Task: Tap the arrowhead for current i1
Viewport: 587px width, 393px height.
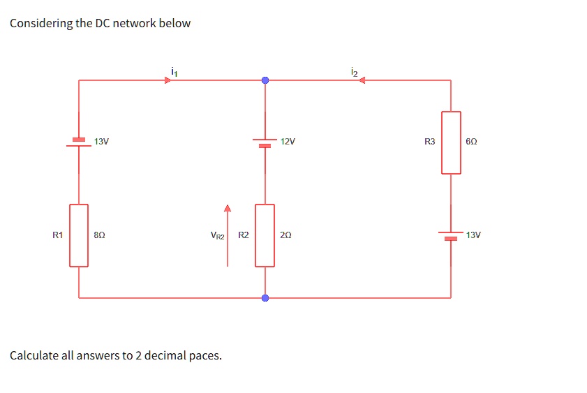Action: click(168, 80)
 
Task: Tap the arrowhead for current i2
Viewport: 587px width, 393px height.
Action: click(362, 80)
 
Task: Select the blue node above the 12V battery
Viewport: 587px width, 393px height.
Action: click(265, 80)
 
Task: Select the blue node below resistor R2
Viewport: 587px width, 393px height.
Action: click(265, 298)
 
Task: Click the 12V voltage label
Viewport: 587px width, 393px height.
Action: click(287, 142)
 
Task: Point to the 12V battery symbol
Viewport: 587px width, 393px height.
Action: click(265, 142)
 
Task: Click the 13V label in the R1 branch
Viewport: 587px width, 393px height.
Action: click(101, 142)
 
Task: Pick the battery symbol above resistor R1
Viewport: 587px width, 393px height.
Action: click(79, 142)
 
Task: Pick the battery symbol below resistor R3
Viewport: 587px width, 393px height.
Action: click(451, 236)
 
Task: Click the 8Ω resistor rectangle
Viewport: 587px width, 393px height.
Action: click(79, 235)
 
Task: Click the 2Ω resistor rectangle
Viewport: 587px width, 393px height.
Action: click(265, 235)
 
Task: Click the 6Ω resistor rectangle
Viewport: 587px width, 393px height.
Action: click(451, 142)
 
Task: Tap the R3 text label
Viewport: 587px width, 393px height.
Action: click(429, 142)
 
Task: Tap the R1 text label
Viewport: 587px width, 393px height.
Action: click(58, 235)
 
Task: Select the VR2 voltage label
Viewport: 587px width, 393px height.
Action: click(217, 236)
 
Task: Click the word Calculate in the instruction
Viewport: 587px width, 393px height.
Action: click(34, 355)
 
